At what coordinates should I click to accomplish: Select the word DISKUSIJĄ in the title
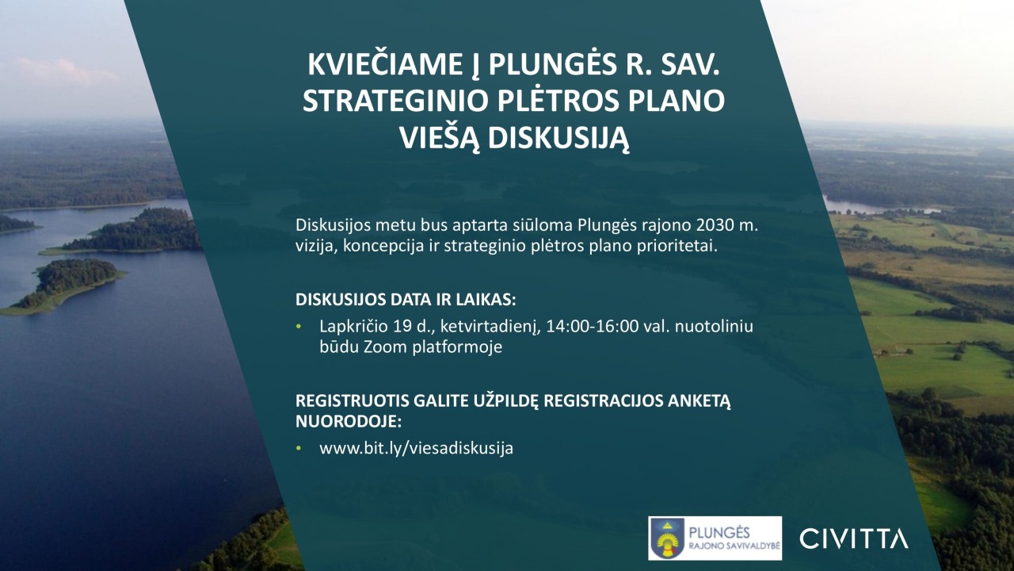pos(558,139)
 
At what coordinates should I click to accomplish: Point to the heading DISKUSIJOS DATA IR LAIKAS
pos(406,300)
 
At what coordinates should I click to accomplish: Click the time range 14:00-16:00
pos(593,326)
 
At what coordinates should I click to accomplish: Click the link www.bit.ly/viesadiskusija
pos(417,448)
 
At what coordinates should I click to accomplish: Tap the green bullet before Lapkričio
pos(299,326)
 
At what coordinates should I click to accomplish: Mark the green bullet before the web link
pos(299,448)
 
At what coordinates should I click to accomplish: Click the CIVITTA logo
pos(854,538)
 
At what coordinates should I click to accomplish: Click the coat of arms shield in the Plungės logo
pos(666,538)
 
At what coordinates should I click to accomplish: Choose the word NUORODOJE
pos(348,421)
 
